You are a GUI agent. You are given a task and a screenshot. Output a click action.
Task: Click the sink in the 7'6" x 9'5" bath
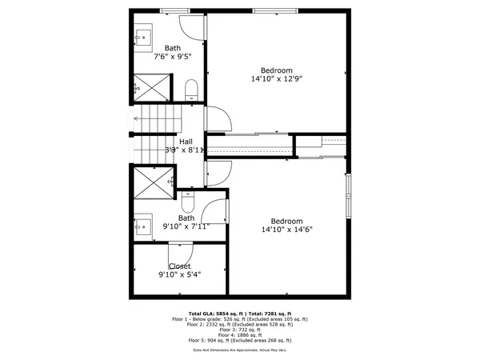pos(145,35)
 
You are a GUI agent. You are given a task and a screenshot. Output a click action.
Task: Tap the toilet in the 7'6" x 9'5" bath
pos(192,89)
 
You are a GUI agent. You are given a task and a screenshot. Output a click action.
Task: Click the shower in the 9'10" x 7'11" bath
pos(152,184)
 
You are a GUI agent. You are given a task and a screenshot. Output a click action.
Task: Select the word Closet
pos(179,266)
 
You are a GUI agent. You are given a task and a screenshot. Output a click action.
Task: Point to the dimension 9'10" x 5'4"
pos(179,274)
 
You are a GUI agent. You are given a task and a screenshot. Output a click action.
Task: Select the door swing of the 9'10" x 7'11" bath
pos(214,210)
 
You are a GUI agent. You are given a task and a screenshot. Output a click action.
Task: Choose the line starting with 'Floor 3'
pos(240,329)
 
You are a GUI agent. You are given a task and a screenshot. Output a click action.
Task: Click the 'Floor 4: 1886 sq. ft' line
pos(240,334)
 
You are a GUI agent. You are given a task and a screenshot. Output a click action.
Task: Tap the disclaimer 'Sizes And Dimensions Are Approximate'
pos(240,350)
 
